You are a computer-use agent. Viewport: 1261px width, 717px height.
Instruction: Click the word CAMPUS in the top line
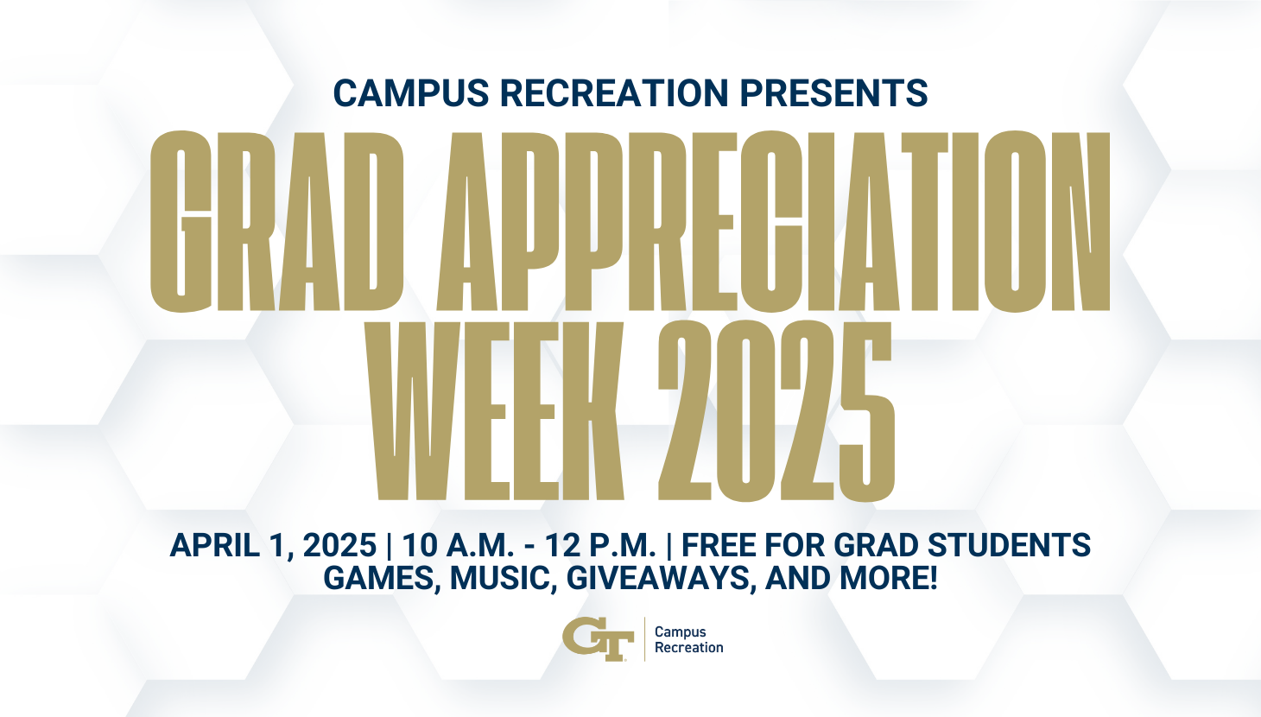(x=411, y=93)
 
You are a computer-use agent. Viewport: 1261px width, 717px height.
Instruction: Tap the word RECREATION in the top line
(x=614, y=93)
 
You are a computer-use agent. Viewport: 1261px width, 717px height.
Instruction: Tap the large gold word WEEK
(x=496, y=411)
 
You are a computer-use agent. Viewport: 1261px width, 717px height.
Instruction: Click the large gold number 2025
(x=776, y=411)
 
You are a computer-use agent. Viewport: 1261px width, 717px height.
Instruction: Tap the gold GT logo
(x=598, y=638)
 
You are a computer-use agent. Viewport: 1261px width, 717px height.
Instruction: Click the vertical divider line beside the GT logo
(x=644, y=638)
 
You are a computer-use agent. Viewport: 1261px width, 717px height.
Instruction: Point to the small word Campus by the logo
(x=680, y=632)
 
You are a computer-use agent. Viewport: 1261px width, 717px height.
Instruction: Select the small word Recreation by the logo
(x=689, y=648)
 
